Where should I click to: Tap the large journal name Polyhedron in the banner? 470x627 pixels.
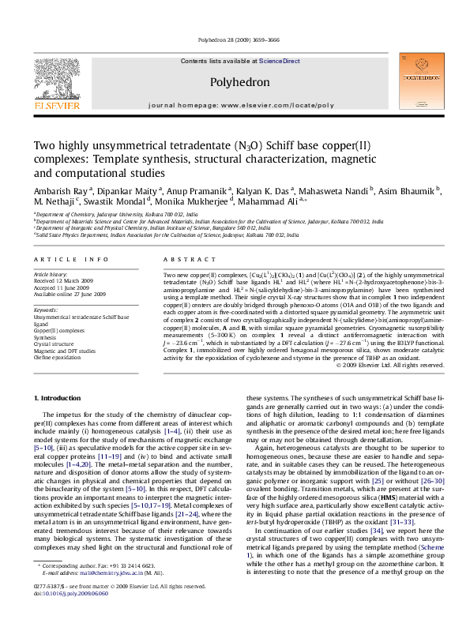tap(235, 81)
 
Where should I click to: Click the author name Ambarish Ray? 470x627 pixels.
tap(62, 191)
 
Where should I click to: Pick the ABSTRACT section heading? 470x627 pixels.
tap(182, 259)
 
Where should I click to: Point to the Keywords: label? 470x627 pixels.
tap(47, 310)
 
